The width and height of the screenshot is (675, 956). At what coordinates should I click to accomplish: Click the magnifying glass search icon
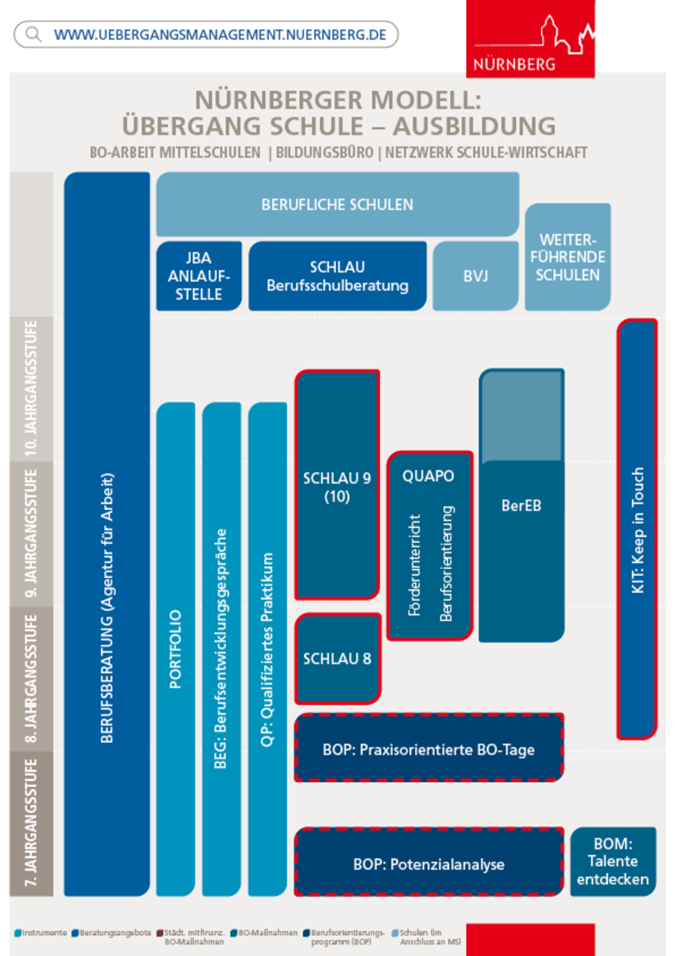(x=33, y=35)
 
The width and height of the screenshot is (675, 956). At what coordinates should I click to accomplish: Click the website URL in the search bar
(x=220, y=35)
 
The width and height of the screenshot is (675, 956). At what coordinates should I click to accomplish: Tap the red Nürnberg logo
(x=531, y=39)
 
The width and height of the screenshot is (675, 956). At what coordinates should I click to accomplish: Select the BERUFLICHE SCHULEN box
(x=337, y=204)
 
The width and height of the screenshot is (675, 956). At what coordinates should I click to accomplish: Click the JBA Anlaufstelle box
(x=199, y=276)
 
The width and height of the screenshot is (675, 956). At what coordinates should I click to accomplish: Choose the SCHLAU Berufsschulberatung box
(x=337, y=276)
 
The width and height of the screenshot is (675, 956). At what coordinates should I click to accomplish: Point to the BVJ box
(x=476, y=276)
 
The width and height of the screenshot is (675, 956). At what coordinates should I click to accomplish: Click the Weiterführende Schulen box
(x=568, y=257)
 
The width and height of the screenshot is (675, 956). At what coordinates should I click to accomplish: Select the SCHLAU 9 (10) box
(x=337, y=485)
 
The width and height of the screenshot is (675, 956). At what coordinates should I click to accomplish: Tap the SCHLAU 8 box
(x=337, y=658)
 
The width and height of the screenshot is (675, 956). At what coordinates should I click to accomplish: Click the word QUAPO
(x=428, y=476)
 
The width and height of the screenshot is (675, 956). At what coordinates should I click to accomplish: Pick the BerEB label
(x=521, y=505)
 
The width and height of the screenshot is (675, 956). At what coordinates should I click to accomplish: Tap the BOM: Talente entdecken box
(x=613, y=862)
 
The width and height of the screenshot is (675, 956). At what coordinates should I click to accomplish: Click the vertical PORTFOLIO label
(x=175, y=649)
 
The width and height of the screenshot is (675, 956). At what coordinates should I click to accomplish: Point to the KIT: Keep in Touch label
(x=638, y=530)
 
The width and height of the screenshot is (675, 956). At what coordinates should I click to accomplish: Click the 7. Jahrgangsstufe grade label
(x=31, y=823)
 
